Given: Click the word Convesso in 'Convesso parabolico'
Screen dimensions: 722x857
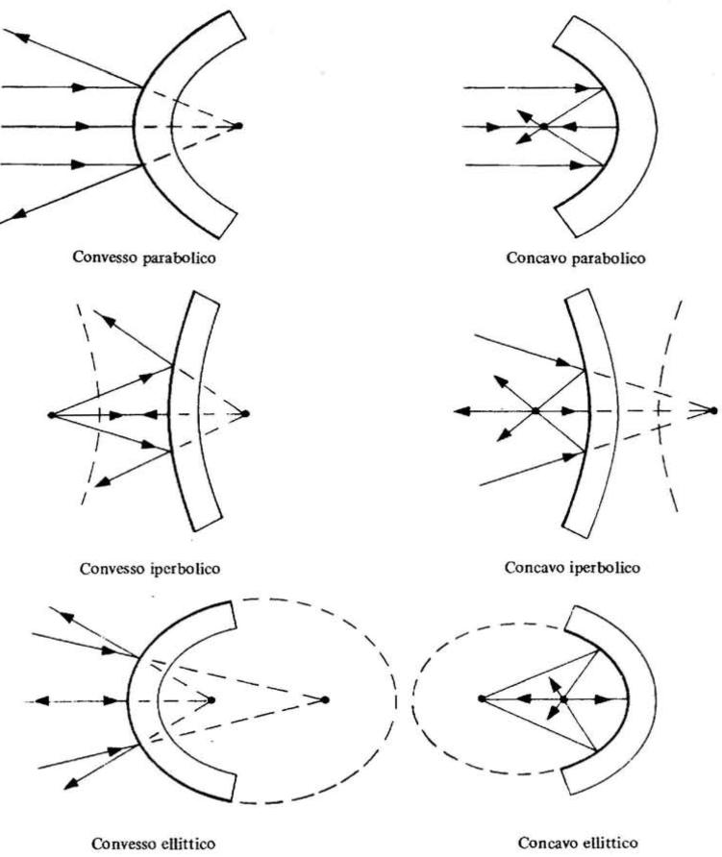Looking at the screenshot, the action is [x=106, y=257].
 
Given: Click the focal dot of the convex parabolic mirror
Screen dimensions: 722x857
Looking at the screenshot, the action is [x=237, y=126].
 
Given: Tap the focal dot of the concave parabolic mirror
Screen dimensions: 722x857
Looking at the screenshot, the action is [x=543, y=126].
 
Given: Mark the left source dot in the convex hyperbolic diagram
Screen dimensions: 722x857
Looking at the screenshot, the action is [x=51, y=415].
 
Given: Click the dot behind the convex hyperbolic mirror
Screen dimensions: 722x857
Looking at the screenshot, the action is [x=245, y=414].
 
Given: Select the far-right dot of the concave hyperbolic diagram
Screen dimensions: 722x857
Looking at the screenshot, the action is [x=712, y=410].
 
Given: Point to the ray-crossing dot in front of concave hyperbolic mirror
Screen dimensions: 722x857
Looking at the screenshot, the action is [x=535, y=410].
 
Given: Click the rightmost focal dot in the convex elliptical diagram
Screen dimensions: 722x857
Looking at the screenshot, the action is [x=325, y=699].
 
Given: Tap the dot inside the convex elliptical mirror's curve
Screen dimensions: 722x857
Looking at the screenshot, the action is [x=212, y=699].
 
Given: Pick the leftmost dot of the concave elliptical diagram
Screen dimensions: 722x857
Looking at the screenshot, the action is [x=482, y=698].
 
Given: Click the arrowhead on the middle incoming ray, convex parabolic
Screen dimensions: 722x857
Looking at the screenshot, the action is [x=82, y=126].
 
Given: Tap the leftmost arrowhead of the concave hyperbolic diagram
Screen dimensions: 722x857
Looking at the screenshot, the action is [x=461, y=411].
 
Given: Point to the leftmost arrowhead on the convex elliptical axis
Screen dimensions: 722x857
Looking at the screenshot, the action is [x=41, y=700].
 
